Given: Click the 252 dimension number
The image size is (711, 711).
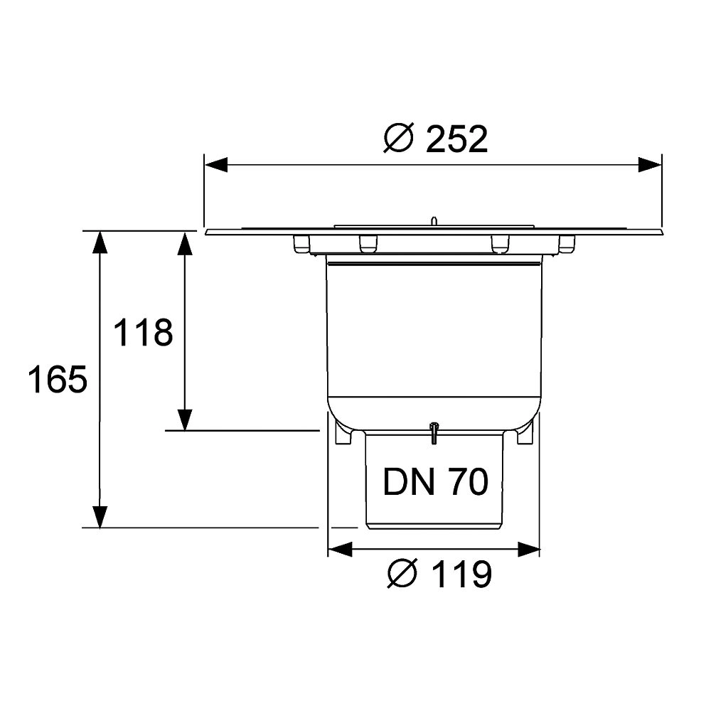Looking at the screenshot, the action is tap(456, 139).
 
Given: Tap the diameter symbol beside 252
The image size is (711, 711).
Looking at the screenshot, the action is tap(399, 138).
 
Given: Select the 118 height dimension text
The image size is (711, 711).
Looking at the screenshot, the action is tap(143, 333).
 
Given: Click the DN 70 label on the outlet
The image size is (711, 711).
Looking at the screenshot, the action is tap(436, 481).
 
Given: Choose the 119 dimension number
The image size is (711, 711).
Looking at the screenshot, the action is tap(461, 574).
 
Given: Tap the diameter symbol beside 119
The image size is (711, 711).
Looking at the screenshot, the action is tap(402, 574).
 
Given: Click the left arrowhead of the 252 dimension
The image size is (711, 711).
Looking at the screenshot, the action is tap(216, 165).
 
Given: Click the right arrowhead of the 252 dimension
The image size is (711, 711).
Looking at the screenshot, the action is tap(650, 165).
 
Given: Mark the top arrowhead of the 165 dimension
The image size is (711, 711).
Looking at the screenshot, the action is tap(100, 242).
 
